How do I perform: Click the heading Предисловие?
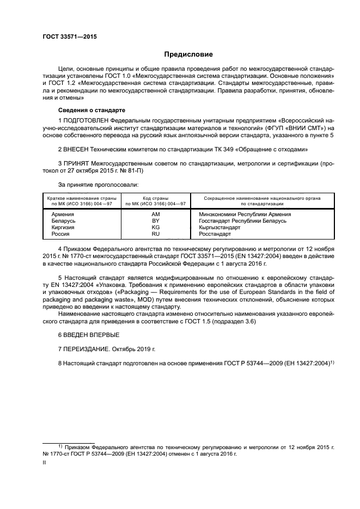pos(189,54)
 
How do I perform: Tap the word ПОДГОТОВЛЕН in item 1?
pos(86,120)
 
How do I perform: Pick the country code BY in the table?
pos(155,221)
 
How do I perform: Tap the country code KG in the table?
pos(155,228)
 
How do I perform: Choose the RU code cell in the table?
pos(155,234)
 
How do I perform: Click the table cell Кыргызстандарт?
pos(219,228)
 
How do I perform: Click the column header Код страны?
pos(155,198)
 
